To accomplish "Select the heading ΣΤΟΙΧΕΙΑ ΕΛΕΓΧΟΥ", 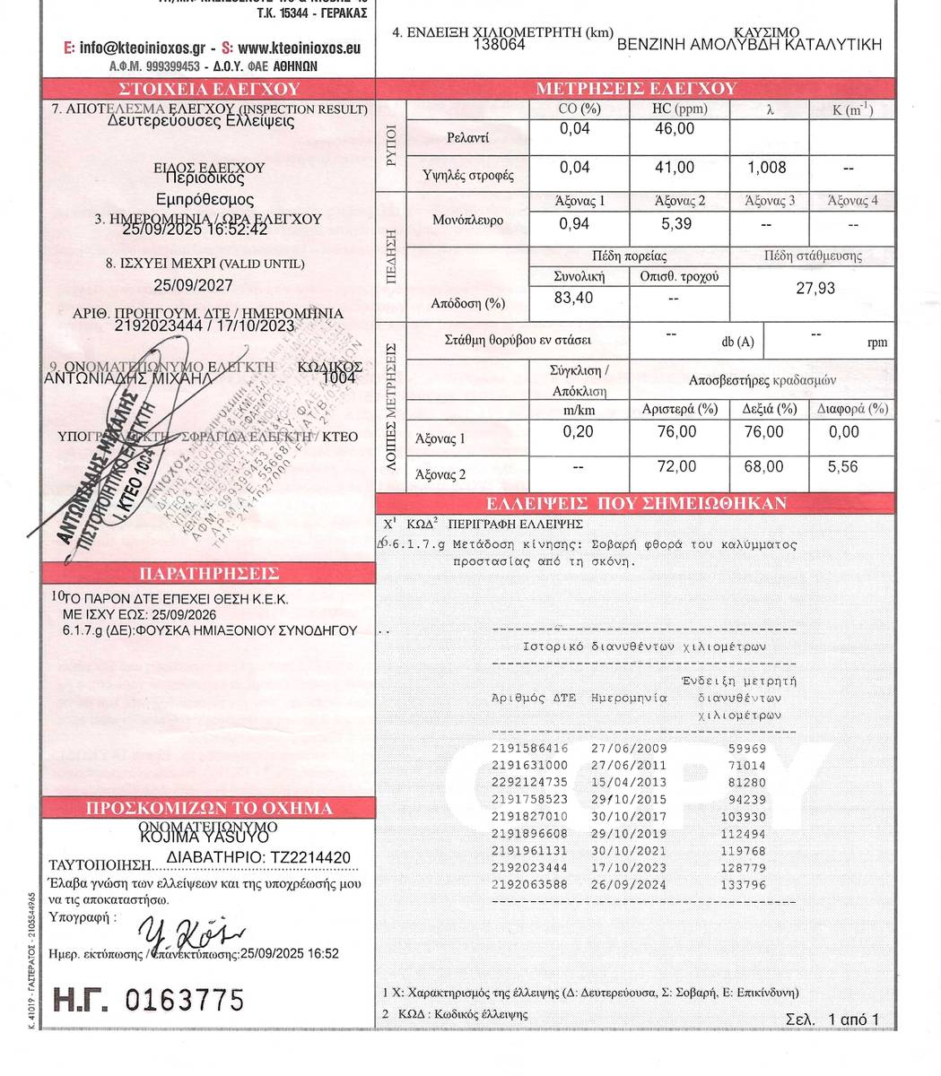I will pos(209,89).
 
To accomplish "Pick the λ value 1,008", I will pos(766,168).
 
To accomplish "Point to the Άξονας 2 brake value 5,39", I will pos(676,223).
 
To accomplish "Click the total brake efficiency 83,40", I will pos(573,298).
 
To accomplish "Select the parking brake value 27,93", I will pos(815,289).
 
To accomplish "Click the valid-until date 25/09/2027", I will pos(193,286).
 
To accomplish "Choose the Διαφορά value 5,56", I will pos(843,467).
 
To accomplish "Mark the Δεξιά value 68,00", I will pos(762,467).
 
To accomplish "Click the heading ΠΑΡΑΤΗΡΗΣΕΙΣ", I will pos(209,574).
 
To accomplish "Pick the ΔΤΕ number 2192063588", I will pos(530,885).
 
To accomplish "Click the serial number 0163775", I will pos(185,999).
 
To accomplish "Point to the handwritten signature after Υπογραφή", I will pos(186,933).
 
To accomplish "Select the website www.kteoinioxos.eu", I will pos(300,48).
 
